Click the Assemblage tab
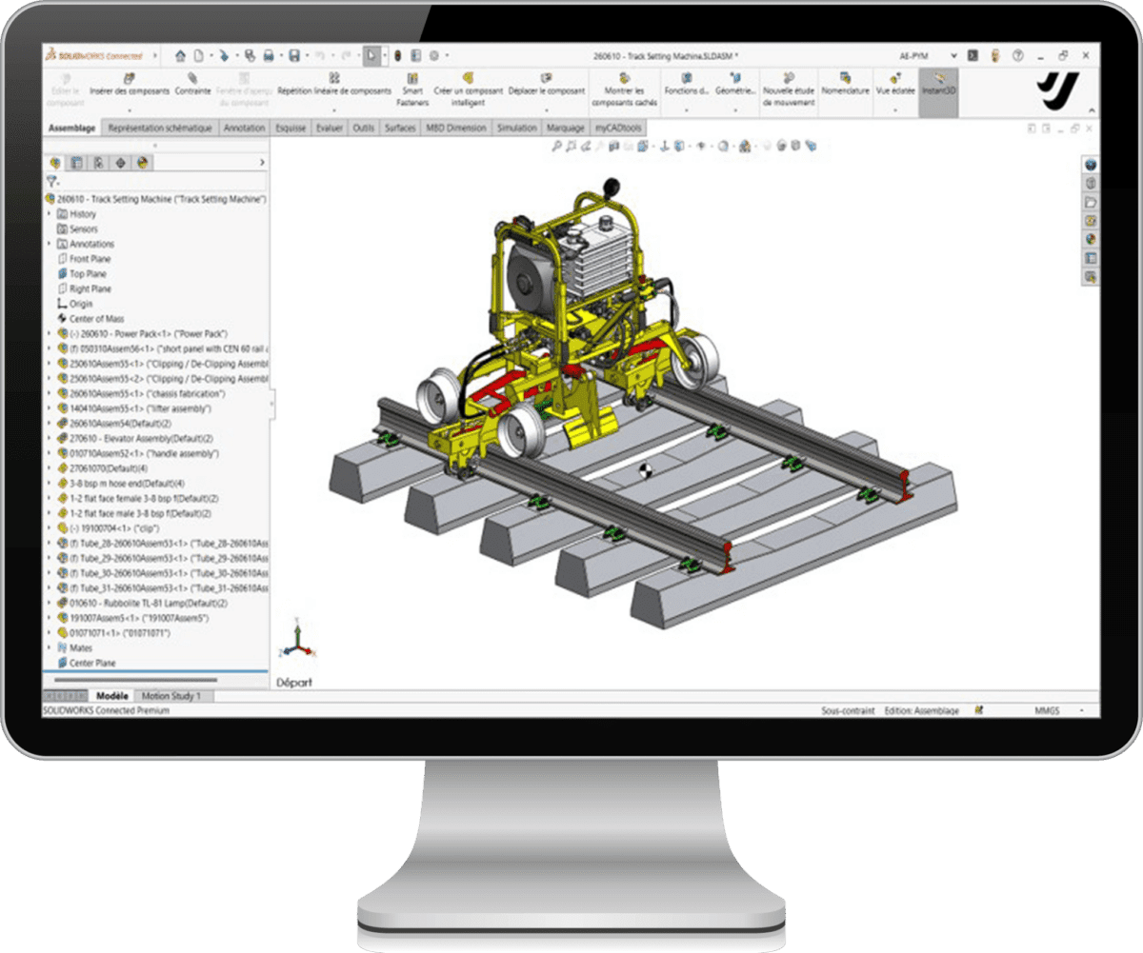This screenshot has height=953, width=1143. coord(71,128)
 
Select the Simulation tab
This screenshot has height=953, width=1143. coord(516,128)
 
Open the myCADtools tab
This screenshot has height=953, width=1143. coord(619,128)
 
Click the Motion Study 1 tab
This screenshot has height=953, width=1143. coord(171,696)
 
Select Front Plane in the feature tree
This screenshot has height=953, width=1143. coord(90,259)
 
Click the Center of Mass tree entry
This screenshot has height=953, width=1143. coord(96,319)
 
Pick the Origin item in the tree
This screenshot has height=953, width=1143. coord(81,304)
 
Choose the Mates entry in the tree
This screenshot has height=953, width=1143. coord(81,647)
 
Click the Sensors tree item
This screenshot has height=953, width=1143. coord(83,229)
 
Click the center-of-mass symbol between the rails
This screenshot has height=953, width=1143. coord(645,471)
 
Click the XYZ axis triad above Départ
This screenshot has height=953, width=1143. coord(296,643)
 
